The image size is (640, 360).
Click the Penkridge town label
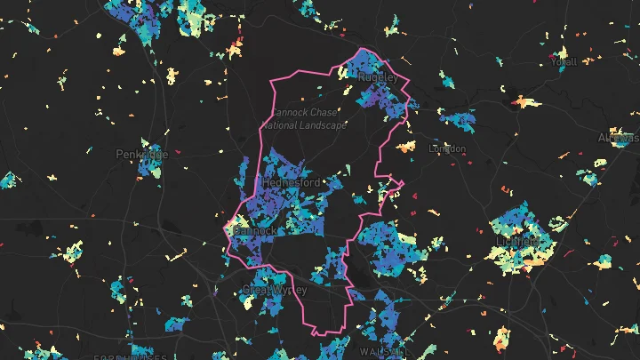click(x=141, y=154)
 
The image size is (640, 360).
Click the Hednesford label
click(x=292, y=183)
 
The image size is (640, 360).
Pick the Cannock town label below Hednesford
click(x=257, y=230)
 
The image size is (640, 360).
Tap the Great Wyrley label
click(x=274, y=290)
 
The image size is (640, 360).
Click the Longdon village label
click(x=447, y=148)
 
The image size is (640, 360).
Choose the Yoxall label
click(x=564, y=62)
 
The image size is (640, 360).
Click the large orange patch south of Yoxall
click(x=526, y=103)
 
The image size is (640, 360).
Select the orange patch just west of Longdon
click(x=406, y=146)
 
